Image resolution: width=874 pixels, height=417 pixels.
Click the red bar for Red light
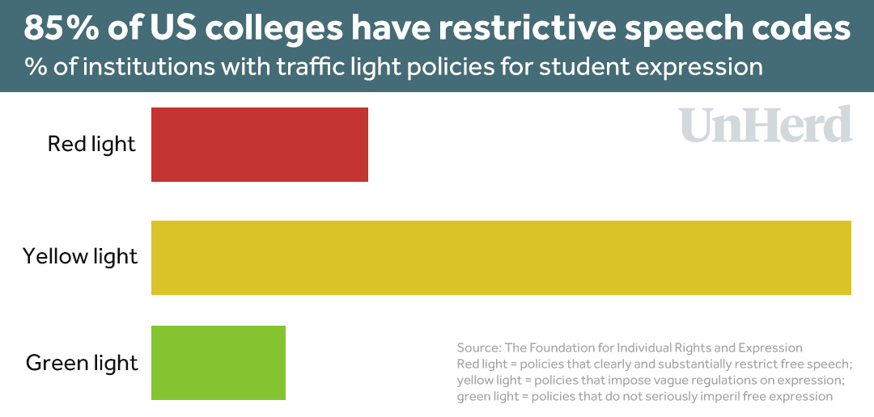259,145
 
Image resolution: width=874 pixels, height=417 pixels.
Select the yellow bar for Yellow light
501,257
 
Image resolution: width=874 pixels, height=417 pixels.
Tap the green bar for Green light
218,363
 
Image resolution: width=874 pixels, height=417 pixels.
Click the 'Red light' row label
91,145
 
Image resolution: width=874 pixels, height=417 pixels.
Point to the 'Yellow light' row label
80,257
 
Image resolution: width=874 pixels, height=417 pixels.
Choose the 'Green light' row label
82,363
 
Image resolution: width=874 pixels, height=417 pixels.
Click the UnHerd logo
766,126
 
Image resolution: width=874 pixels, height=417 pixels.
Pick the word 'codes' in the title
808,28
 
